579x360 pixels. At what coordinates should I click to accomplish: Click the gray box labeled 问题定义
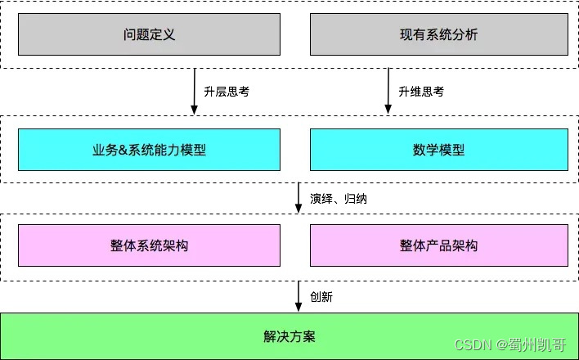(149, 34)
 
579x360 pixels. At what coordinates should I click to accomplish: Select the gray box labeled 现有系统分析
(439, 34)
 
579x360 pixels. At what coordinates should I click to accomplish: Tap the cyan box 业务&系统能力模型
(149, 150)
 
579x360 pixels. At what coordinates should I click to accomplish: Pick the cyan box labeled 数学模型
(439, 150)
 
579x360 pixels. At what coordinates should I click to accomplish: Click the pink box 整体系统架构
(149, 245)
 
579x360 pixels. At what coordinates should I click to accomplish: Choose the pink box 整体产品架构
(439, 245)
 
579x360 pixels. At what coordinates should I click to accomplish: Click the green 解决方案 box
(289, 335)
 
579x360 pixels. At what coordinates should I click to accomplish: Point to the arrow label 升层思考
(227, 92)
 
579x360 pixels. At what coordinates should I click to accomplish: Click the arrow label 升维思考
(421, 92)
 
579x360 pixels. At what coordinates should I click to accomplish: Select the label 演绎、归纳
(339, 199)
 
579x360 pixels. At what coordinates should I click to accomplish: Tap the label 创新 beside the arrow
(321, 296)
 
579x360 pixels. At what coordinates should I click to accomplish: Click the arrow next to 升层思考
(195, 92)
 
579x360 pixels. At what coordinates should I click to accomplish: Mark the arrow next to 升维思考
(388, 92)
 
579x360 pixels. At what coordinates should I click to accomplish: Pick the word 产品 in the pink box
(439, 245)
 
